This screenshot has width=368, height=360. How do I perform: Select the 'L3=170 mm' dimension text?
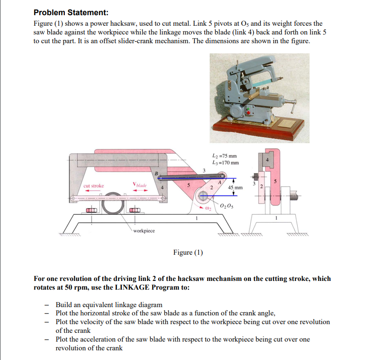[224, 163]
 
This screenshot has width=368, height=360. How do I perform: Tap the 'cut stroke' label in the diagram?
[93, 186]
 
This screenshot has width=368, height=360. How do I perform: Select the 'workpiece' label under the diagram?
[144, 230]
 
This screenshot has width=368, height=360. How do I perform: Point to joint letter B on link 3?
[156, 173]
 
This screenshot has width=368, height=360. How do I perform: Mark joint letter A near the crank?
[219, 182]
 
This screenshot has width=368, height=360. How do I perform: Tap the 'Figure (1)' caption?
[188, 252]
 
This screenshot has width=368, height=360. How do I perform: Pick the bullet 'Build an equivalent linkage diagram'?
[109, 305]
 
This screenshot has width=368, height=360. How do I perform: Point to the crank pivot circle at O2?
[203, 196]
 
